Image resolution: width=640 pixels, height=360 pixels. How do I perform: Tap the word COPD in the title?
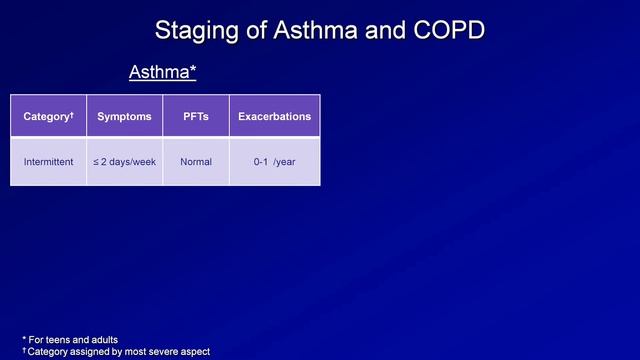[x=446, y=31]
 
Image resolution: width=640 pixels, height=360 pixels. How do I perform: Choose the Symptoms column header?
[x=124, y=117]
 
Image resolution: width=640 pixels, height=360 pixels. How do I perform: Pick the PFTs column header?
[x=196, y=117]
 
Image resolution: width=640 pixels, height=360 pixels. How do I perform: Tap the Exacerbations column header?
[x=274, y=117]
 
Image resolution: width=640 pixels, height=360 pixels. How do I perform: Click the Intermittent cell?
[x=48, y=161]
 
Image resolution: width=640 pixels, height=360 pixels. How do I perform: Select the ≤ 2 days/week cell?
[x=124, y=161]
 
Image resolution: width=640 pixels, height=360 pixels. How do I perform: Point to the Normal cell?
[x=196, y=161]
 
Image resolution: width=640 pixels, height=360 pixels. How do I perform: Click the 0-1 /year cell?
[x=274, y=161]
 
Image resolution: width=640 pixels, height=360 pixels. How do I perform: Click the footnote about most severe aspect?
[x=115, y=351]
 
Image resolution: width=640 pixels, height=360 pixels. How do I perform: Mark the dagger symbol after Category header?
[x=72, y=114]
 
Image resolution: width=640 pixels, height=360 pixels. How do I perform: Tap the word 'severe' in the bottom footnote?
[x=172, y=351]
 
